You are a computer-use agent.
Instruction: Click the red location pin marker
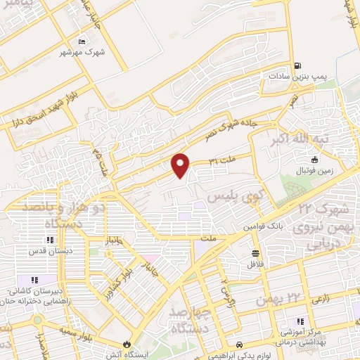(x=181, y=166)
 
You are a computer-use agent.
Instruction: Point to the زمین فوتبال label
(x=316, y=170)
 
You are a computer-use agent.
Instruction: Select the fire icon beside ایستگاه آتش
(x=126, y=345)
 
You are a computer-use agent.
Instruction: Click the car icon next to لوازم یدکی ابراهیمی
(x=240, y=345)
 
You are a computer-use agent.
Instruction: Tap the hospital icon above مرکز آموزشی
(x=300, y=321)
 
